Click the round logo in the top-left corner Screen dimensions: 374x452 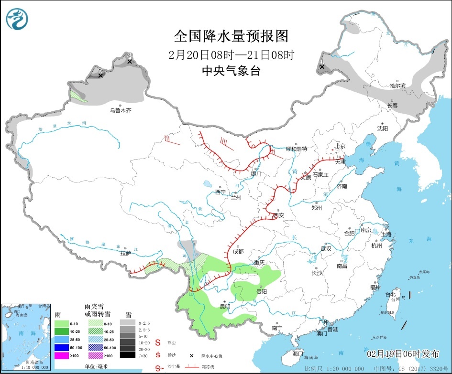(x=17, y=18)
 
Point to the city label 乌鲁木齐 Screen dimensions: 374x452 (x=120, y=110)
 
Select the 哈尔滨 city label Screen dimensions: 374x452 (x=397, y=86)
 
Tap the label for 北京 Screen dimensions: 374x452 (x=340, y=146)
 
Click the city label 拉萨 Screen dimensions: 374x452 (x=126, y=253)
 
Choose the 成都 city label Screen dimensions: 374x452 (x=238, y=251)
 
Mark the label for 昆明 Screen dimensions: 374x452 (x=225, y=306)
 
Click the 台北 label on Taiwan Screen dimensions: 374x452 (x=391, y=294)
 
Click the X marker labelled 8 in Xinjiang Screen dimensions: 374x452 (x=100, y=75)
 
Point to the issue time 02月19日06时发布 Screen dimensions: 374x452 (x=403, y=354)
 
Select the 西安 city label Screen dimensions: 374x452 (x=278, y=215)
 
